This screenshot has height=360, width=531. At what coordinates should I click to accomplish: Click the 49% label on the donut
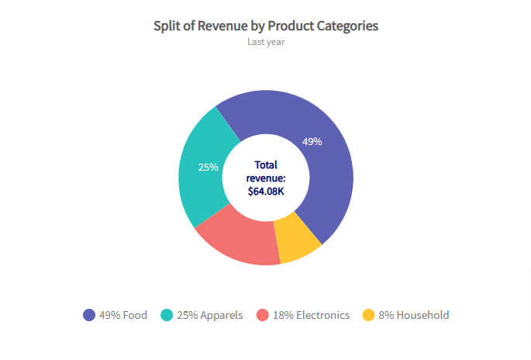tap(312, 142)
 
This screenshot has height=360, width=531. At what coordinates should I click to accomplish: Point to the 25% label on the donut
tap(208, 167)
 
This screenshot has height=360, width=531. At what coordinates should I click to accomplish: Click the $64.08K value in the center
tap(266, 190)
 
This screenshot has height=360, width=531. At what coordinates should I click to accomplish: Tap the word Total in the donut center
tap(266, 164)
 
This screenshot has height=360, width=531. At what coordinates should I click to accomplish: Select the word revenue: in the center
tap(266, 178)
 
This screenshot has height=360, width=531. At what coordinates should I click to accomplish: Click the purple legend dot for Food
tap(89, 315)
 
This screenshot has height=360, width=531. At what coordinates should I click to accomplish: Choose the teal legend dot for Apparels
tap(167, 315)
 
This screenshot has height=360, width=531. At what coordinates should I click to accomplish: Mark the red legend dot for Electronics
tap(263, 315)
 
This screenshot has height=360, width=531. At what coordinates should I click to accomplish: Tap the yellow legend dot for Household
tap(369, 315)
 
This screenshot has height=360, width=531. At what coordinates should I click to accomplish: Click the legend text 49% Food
tap(123, 315)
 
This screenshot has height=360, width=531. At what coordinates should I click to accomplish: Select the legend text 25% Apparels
tap(210, 315)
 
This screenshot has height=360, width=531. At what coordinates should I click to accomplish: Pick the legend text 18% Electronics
tap(311, 315)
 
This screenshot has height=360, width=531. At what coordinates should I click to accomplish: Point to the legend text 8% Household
tap(414, 315)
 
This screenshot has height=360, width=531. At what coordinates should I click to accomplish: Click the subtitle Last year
tap(266, 42)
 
